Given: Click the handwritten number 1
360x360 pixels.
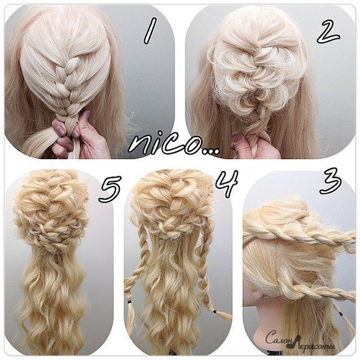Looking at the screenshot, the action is (x=150, y=31).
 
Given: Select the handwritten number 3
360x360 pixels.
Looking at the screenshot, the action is (x=331, y=181).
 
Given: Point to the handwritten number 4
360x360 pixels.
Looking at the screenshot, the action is (x=226, y=184).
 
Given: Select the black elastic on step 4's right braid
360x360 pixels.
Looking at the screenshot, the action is (x=215, y=312).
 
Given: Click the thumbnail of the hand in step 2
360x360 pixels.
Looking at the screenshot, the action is (x=237, y=138).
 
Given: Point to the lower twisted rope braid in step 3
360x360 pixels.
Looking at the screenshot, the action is (x=321, y=291).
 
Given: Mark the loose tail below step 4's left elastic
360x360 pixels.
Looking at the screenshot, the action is (x=131, y=318).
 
